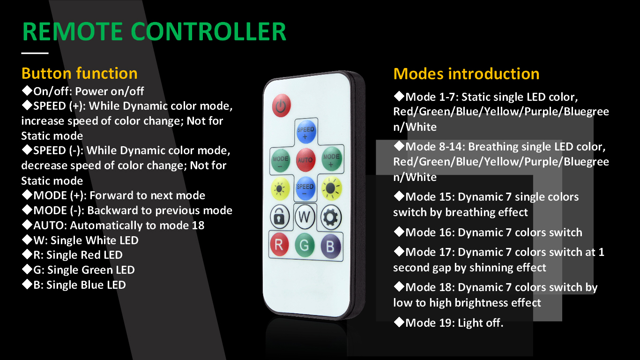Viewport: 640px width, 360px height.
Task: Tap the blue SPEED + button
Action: click(x=306, y=132)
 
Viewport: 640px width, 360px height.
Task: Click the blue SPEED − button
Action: click(x=305, y=188)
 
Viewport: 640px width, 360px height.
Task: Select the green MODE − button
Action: click(x=281, y=160)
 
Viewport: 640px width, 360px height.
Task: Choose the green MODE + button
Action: click(x=331, y=159)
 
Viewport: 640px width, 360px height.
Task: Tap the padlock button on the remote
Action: click(x=279, y=217)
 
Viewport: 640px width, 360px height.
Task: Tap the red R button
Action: click(x=279, y=245)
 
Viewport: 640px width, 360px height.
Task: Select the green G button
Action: click(x=305, y=245)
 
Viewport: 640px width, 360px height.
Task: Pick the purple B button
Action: click(x=331, y=246)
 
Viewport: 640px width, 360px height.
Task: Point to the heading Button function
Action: click(x=80, y=74)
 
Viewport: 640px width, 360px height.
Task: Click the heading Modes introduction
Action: click(x=466, y=74)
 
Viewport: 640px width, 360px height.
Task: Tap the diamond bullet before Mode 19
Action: click(x=399, y=322)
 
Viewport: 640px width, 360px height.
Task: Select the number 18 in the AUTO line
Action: click(x=198, y=225)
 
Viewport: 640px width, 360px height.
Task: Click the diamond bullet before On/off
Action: click(x=27, y=90)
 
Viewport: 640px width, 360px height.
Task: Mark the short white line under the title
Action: click(x=35, y=53)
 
